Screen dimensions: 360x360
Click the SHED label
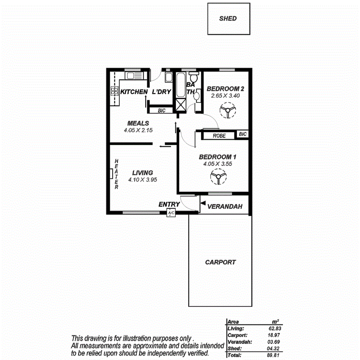(x=228, y=18)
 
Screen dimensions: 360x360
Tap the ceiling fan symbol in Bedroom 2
(x=228, y=111)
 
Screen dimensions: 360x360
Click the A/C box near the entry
(x=171, y=213)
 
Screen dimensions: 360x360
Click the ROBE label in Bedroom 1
(x=219, y=136)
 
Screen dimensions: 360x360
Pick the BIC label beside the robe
(x=242, y=134)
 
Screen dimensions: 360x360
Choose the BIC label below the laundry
(x=161, y=110)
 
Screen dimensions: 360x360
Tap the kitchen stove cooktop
(x=115, y=91)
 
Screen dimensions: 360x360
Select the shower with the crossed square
(x=180, y=104)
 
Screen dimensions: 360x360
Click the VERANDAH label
(x=225, y=207)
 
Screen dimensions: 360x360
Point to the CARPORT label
(x=220, y=262)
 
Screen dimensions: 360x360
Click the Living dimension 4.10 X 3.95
(x=143, y=180)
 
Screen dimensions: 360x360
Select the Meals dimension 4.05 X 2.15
(x=138, y=131)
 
